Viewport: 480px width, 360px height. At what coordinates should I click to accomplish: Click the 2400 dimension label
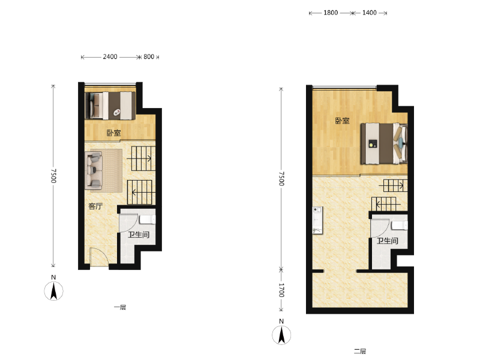[x=110, y=56]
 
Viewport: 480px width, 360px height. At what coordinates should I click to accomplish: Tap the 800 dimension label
[x=149, y=56]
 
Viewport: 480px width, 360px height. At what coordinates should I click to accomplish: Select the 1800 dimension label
[x=331, y=13]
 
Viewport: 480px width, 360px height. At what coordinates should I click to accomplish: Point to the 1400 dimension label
[x=369, y=13]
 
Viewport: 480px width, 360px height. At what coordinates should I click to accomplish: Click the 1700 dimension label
[x=281, y=290]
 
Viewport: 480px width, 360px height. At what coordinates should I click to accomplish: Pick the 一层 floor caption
[x=120, y=307]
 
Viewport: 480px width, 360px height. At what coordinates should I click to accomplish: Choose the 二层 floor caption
[x=360, y=352]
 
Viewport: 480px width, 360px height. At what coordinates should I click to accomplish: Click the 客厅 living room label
[x=95, y=206]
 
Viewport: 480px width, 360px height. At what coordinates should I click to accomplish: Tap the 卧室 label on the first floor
[x=113, y=133]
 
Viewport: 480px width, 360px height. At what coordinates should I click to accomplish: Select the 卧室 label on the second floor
[x=342, y=121]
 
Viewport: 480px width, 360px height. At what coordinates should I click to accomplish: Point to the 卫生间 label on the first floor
[x=139, y=235]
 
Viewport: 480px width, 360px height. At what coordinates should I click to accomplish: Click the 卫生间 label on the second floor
[x=387, y=241]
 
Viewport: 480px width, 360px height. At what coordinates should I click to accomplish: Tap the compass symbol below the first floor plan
[x=53, y=291]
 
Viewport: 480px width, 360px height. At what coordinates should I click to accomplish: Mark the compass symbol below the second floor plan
[x=281, y=335]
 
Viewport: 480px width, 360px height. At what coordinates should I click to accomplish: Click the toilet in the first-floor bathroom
[x=148, y=220]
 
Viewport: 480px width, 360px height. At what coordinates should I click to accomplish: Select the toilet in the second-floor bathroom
[x=400, y=226]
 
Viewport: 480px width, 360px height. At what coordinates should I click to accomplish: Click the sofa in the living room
[x=94, y=170]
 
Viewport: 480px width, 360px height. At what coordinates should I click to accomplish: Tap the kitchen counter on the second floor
[x=317, y=220]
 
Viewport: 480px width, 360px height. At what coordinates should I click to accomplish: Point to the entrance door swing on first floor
[x=99, y=257]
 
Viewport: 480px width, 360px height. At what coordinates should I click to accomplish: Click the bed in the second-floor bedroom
[x=384, y=143]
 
